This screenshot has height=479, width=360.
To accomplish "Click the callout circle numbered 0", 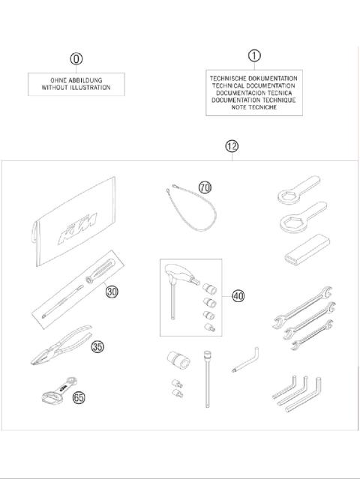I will click(76, 59).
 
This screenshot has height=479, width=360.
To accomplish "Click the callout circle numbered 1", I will click(254, 55).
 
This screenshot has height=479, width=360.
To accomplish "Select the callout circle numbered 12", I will click(232, 146).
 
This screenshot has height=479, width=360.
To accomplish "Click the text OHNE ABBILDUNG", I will click(76, 79).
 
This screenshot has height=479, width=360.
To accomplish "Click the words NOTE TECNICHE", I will click(254, 107).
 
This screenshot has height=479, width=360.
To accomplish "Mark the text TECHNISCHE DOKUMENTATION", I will click(254, 77).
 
